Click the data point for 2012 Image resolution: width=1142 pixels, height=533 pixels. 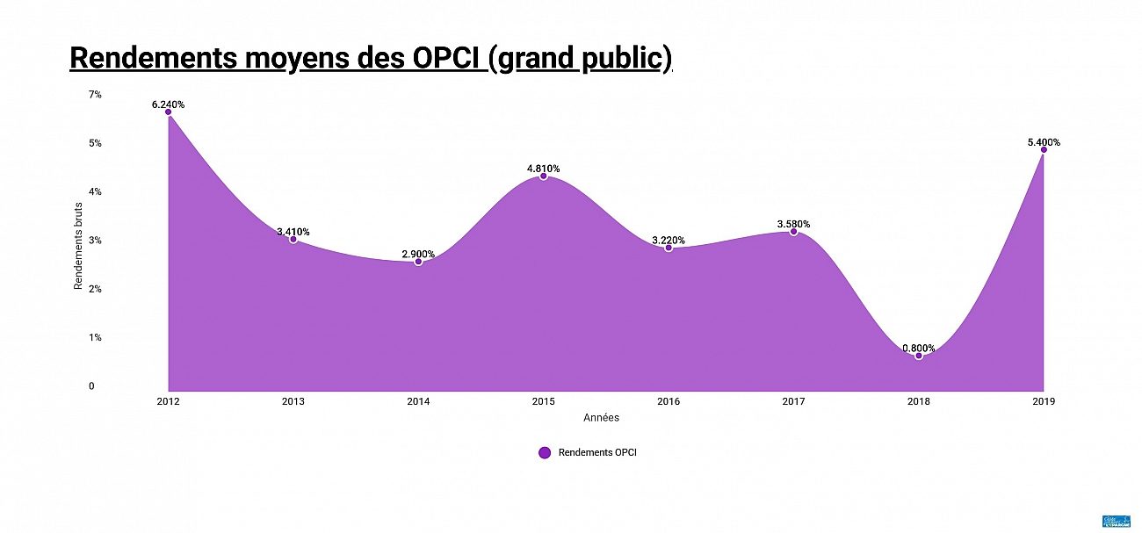pos(168,112)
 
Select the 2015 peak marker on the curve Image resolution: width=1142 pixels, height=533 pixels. pos(543,176)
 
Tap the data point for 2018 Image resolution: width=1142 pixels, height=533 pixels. pos(919,356)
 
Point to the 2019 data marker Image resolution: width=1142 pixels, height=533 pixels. pos(1044,149)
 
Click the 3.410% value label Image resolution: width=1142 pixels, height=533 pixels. pos(293,232)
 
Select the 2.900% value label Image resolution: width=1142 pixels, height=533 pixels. pos(418,254)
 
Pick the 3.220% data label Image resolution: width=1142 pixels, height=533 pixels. pos(669,240)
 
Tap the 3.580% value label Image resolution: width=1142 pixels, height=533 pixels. pos(793,224)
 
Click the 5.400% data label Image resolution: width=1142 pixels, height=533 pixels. pos(1044,142)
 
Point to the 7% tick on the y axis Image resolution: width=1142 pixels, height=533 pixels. pos(95,94)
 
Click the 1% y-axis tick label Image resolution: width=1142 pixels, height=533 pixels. pos(95,337)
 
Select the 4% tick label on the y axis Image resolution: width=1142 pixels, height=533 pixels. pos(95,191)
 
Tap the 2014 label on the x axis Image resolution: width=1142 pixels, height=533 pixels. pos(418,401)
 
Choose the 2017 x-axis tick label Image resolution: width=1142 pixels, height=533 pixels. pos(793,401)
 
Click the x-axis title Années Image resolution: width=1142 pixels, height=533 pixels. pos(601,417)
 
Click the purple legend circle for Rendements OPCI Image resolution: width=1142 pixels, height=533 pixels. pos(544,452)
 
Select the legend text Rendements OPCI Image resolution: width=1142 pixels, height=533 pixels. pos(597,452)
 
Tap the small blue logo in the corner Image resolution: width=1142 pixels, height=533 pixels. pos(1116,521)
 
